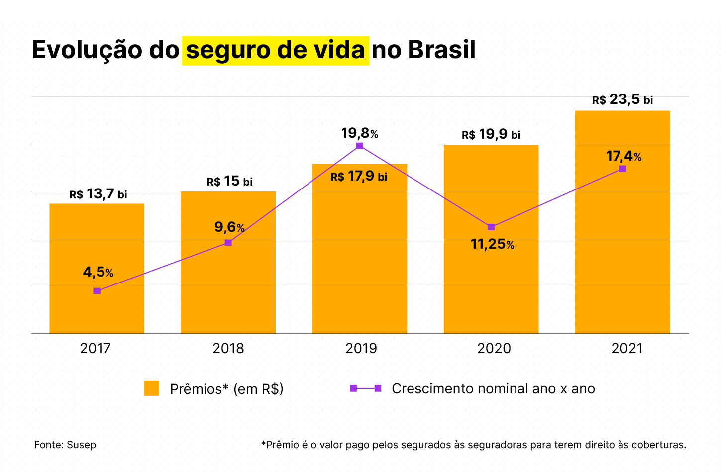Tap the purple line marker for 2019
point(360,146)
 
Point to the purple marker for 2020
point(491,227)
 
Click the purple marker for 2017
point(97,291)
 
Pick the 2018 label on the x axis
point(228,348)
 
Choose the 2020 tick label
point(494,348)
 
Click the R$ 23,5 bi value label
point(622,100)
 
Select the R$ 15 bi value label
point(230,181)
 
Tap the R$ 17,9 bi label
point(359,177)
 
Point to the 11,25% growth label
point(492,244)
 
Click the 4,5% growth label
point(98,272)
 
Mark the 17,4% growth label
point(623,156)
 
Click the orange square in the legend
point(151,388)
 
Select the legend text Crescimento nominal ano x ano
point(493,388)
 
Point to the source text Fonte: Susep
point(65,445)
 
